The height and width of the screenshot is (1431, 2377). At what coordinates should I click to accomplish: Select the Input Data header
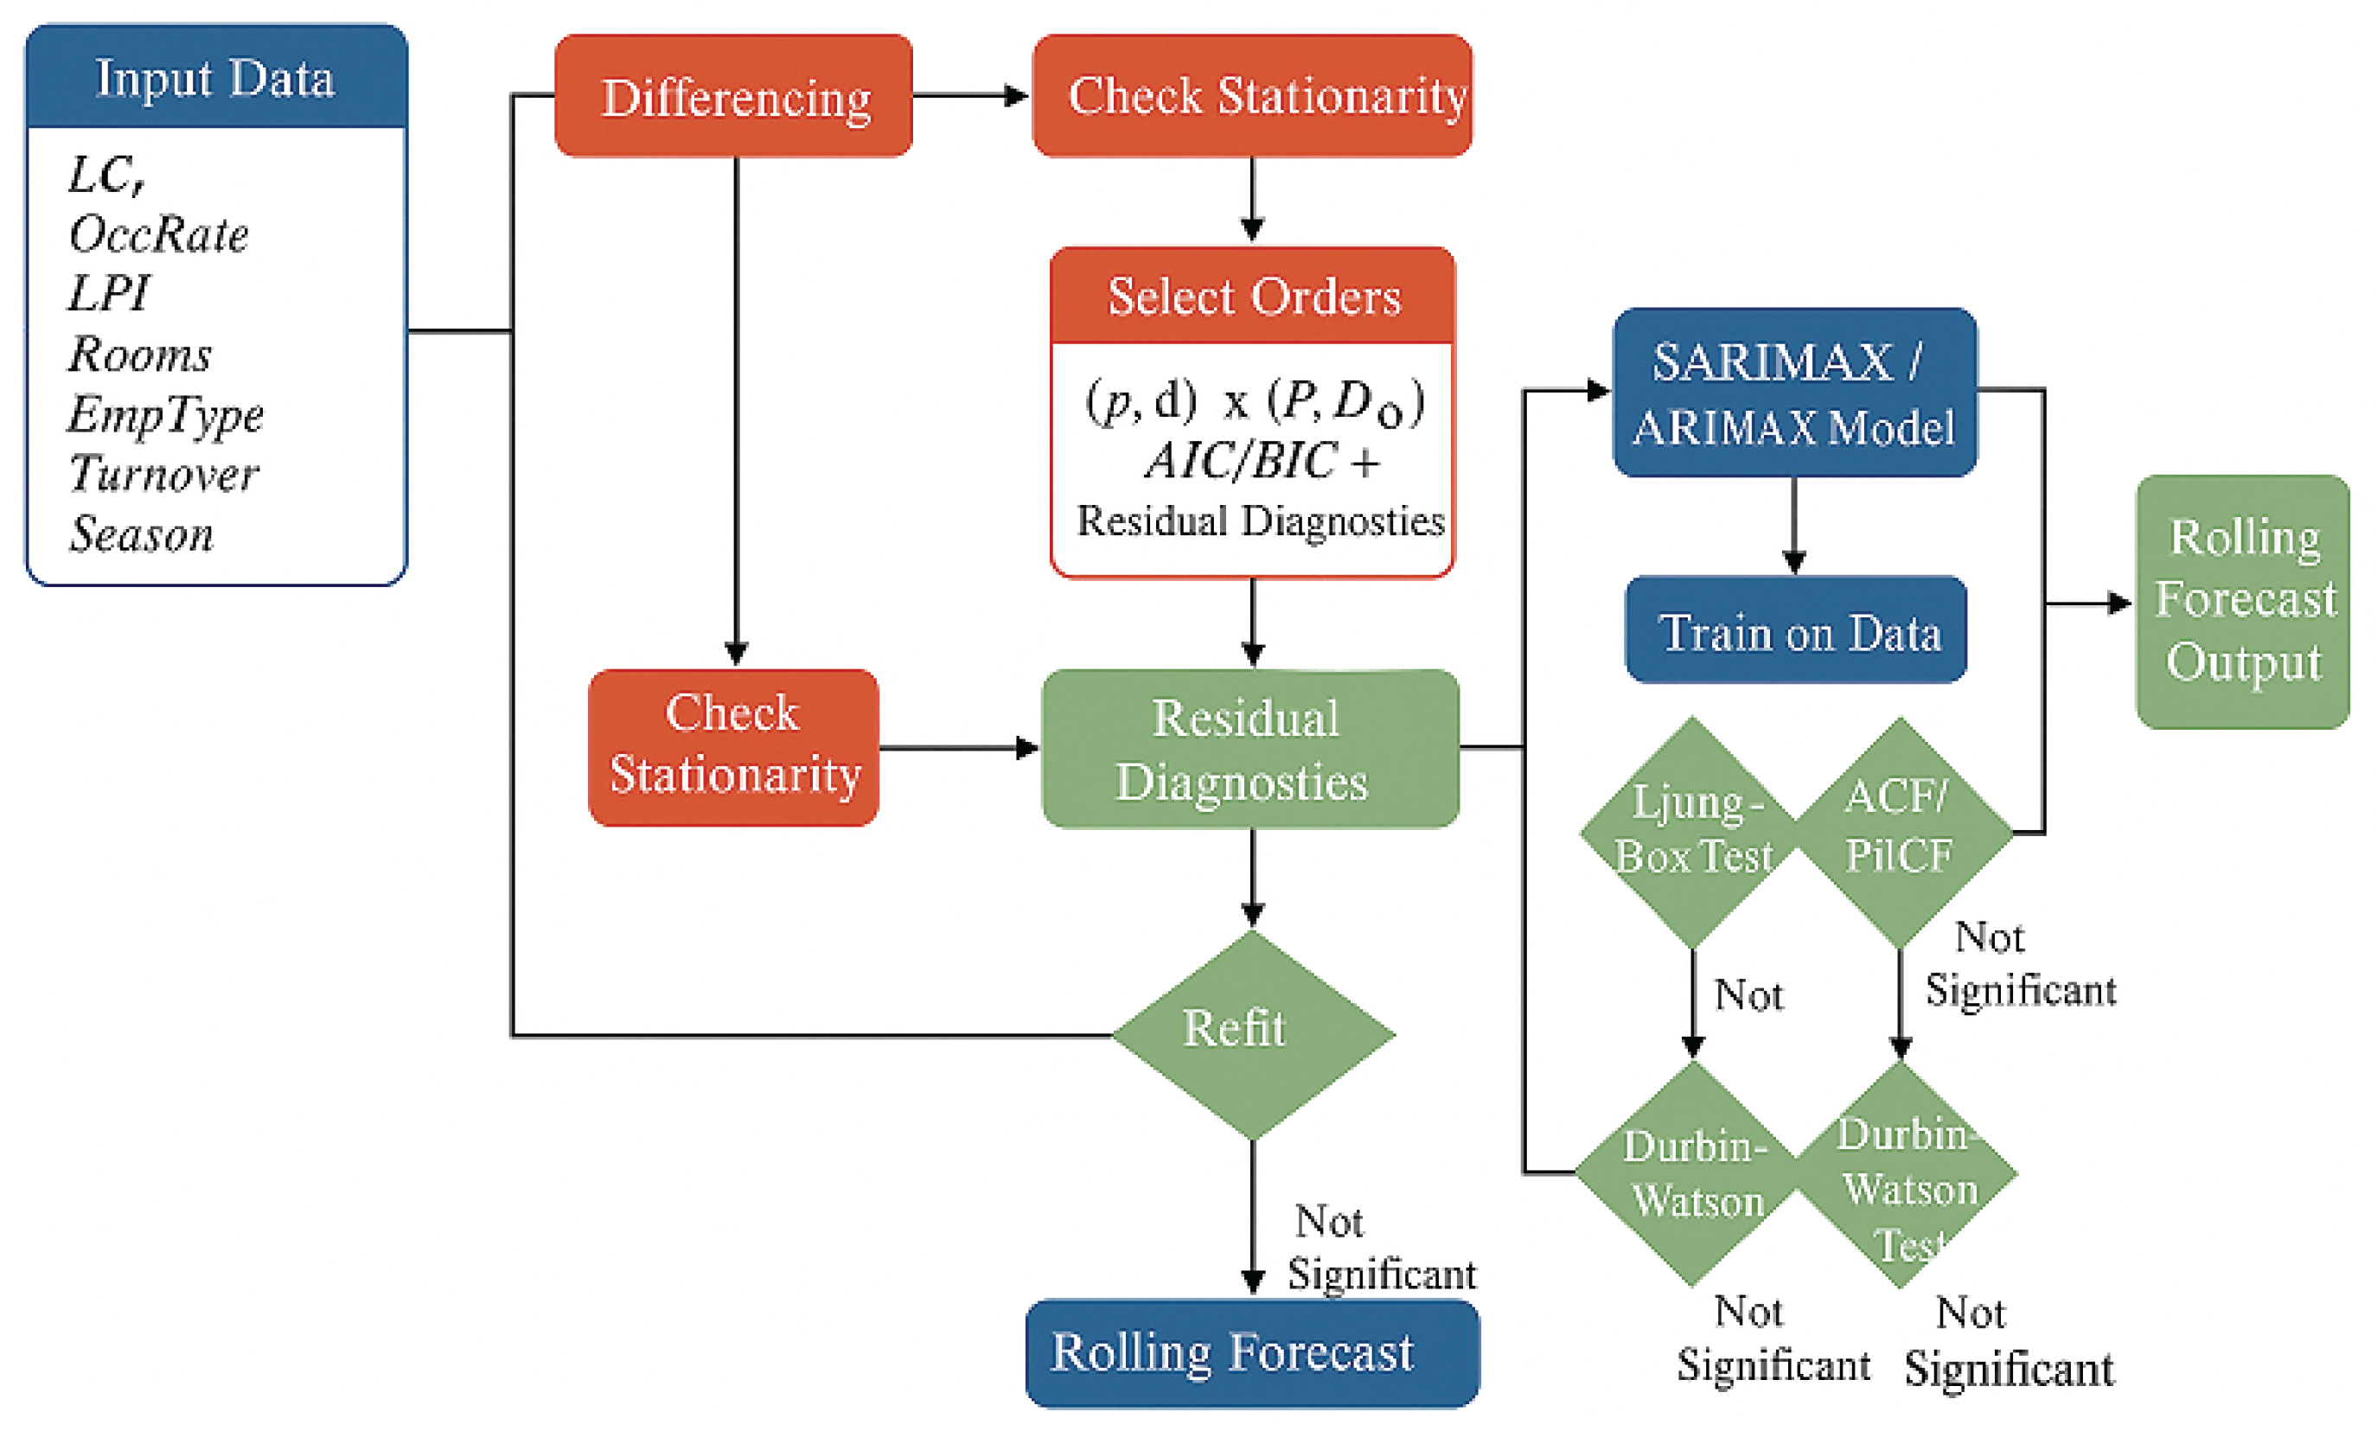(x=216, y=78)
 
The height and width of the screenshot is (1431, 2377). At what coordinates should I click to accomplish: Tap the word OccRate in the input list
(x=159, y=234)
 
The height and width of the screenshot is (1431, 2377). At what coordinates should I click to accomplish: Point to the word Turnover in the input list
(x=164, y=474)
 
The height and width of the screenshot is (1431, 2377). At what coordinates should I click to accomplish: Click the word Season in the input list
(x=142, y=533)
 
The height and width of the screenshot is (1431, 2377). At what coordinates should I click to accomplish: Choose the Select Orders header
(x=1252, y=296)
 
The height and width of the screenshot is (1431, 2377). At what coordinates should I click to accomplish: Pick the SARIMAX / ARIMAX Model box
(x=1793, y=393)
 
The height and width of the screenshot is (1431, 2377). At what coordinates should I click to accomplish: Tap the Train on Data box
(x=1796, y=630)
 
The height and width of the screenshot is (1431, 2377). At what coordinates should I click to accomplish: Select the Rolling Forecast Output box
(x=2242, y=601)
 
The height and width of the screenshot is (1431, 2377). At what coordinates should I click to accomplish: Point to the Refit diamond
(x=1252, y=1034)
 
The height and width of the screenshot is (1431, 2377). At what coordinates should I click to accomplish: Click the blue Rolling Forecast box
(x=1252, y=1352)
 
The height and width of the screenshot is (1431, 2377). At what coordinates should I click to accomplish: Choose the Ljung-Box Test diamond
(x=1692, y=831)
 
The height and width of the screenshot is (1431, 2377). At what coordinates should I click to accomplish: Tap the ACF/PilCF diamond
(x=1900, y=831)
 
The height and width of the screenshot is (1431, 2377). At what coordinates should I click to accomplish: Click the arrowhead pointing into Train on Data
(x=1793, y=561)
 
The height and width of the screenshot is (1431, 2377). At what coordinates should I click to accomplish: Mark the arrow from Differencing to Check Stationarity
(x=969, y=95)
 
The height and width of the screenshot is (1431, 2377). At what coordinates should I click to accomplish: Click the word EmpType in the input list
(x=166, y=415)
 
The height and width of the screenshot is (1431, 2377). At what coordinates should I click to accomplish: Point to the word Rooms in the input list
(x=140, y=354)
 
